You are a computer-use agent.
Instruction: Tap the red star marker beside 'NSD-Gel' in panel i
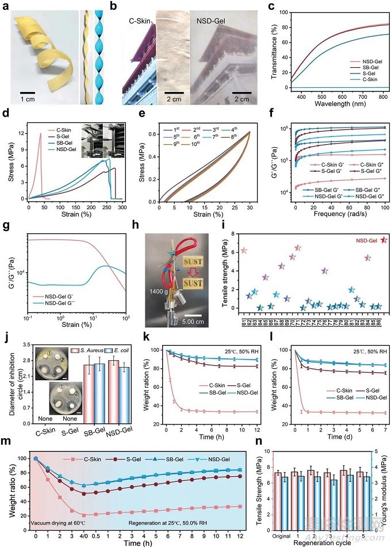coord(384,240)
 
